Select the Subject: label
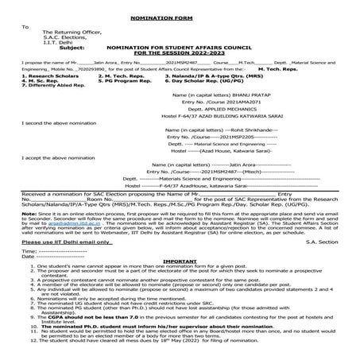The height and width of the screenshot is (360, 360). [72, 46]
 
